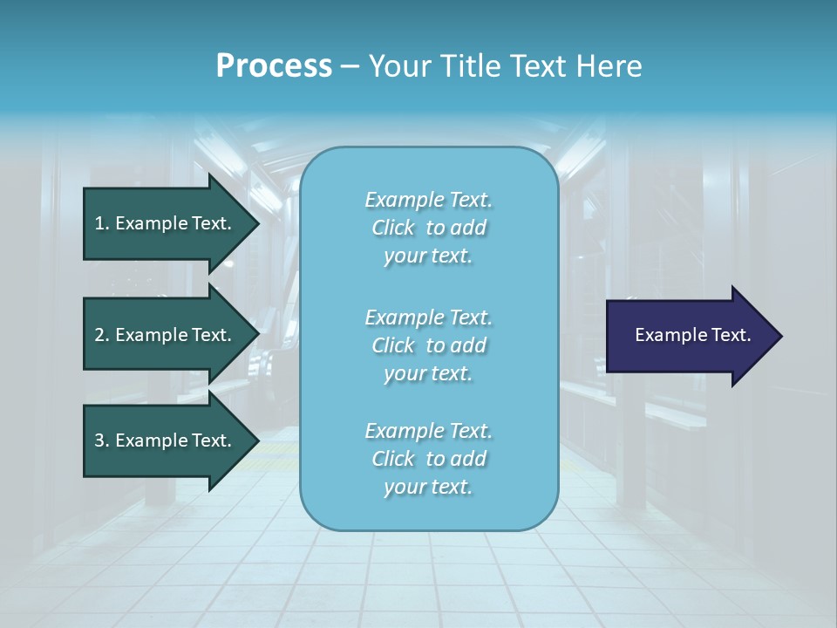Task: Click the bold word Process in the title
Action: (274, 66)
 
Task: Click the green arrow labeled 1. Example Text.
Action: (166, 223)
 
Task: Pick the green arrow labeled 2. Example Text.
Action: (166, 335)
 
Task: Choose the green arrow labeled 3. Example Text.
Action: (166, 440)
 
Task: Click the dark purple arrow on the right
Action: (689, 335)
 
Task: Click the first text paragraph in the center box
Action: (428, 228)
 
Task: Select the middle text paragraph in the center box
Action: (428, 345)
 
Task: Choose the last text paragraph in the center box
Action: (428, 459)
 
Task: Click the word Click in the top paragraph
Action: (393, 228)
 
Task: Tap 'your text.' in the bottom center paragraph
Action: (428, 487)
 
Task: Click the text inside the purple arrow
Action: (692, 335)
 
